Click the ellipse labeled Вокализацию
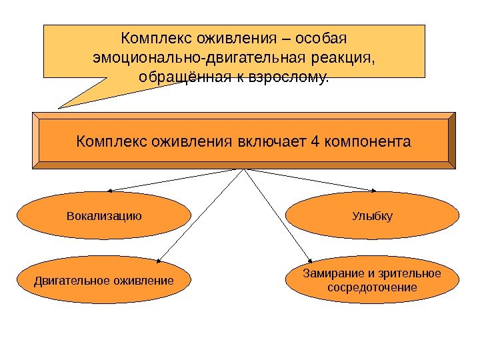tap(103, 216)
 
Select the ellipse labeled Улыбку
tap(372, 216)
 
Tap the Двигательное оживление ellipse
tap(103, 280)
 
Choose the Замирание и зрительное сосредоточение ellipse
tap(372, 280)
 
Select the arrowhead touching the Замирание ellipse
tap(309, 260)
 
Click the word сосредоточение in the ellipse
tap(372, 287)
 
